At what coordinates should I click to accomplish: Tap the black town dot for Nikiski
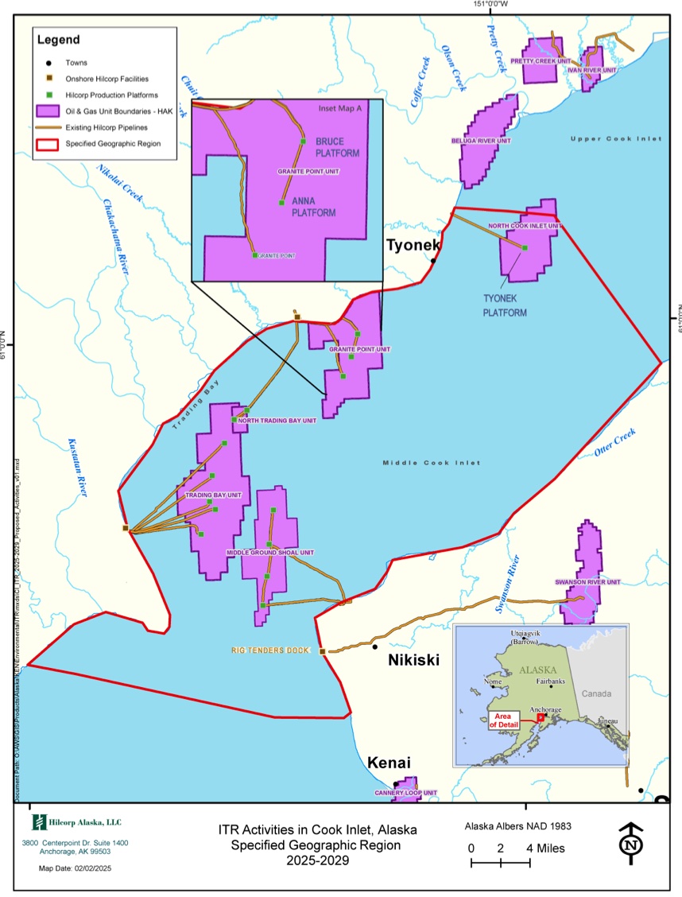pyautogui.click(x=374, y=647)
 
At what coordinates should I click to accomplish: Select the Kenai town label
pyautogui.click(x=388, y=763)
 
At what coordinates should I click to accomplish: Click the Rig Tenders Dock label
pyautogui.click(x=270, y=650)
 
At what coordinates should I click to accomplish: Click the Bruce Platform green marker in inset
pyautogui.click(x=302, y=142)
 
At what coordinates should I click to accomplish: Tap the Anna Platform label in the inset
pyautogui.click(x=313, y=207)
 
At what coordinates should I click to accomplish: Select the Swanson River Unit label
pyautogui.click(x=587, y=582)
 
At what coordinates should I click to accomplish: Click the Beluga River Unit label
pyautogui.click(x=481, y=141)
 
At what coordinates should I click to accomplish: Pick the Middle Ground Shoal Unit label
pyautogui.click(x=270, y=553)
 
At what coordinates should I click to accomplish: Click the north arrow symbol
pyautogui.click(x=630, y=844)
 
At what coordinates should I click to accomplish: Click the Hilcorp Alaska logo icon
pyautogui.click(x=37, y=822)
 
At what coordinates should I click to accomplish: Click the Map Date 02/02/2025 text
pyautogui.click(x=76, y=868)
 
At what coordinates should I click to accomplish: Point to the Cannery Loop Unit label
pyautogui.click(x=406, y=793)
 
